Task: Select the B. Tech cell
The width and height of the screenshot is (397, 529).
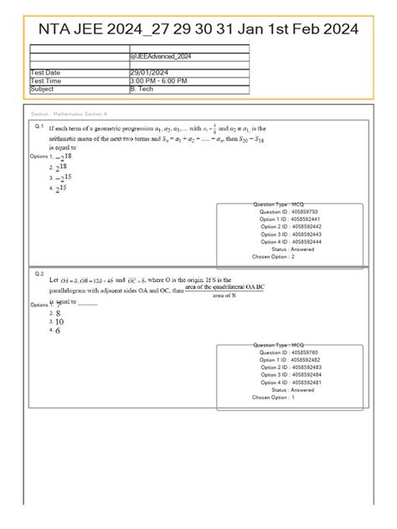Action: pyautogui.click(x=142, y=87)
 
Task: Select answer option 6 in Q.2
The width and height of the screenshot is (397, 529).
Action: pyautogui.click(x=58, y=331)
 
